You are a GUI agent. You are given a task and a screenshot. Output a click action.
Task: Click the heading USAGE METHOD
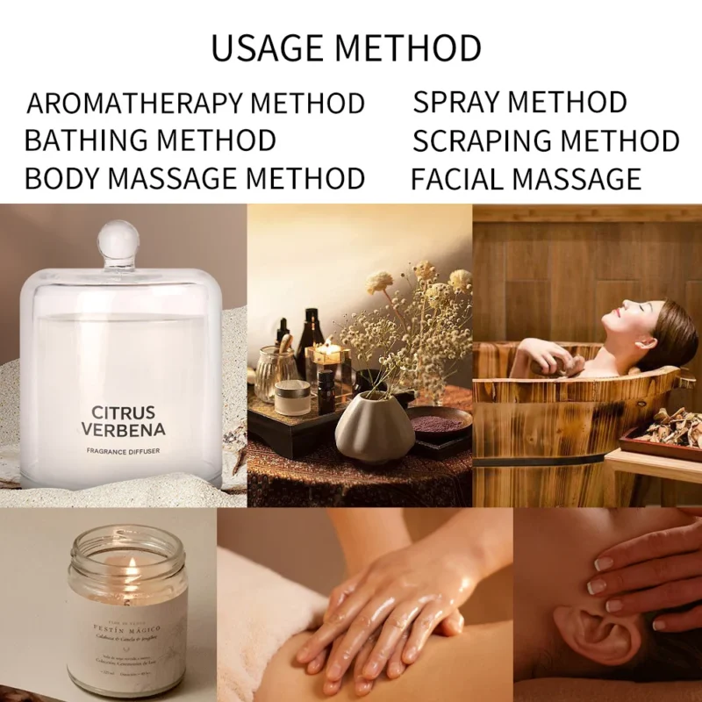(x=346, y=47)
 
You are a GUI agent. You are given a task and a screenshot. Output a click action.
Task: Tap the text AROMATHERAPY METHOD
(x=195, y=103)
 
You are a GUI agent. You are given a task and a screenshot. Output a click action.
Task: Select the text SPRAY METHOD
(x=519, y=102)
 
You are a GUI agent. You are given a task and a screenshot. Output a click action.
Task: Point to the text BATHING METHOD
(x=150, y=140)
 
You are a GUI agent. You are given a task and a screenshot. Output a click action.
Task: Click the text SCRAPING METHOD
(x=545, y=141)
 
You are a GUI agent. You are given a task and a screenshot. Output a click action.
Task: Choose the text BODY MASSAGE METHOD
(x=194, y=179)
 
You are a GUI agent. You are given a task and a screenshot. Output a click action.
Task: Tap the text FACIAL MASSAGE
(x=526, y=179)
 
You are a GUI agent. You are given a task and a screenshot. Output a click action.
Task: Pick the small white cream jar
(x=292, y=398)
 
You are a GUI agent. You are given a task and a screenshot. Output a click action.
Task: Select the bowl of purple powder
(x=440, y=423)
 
